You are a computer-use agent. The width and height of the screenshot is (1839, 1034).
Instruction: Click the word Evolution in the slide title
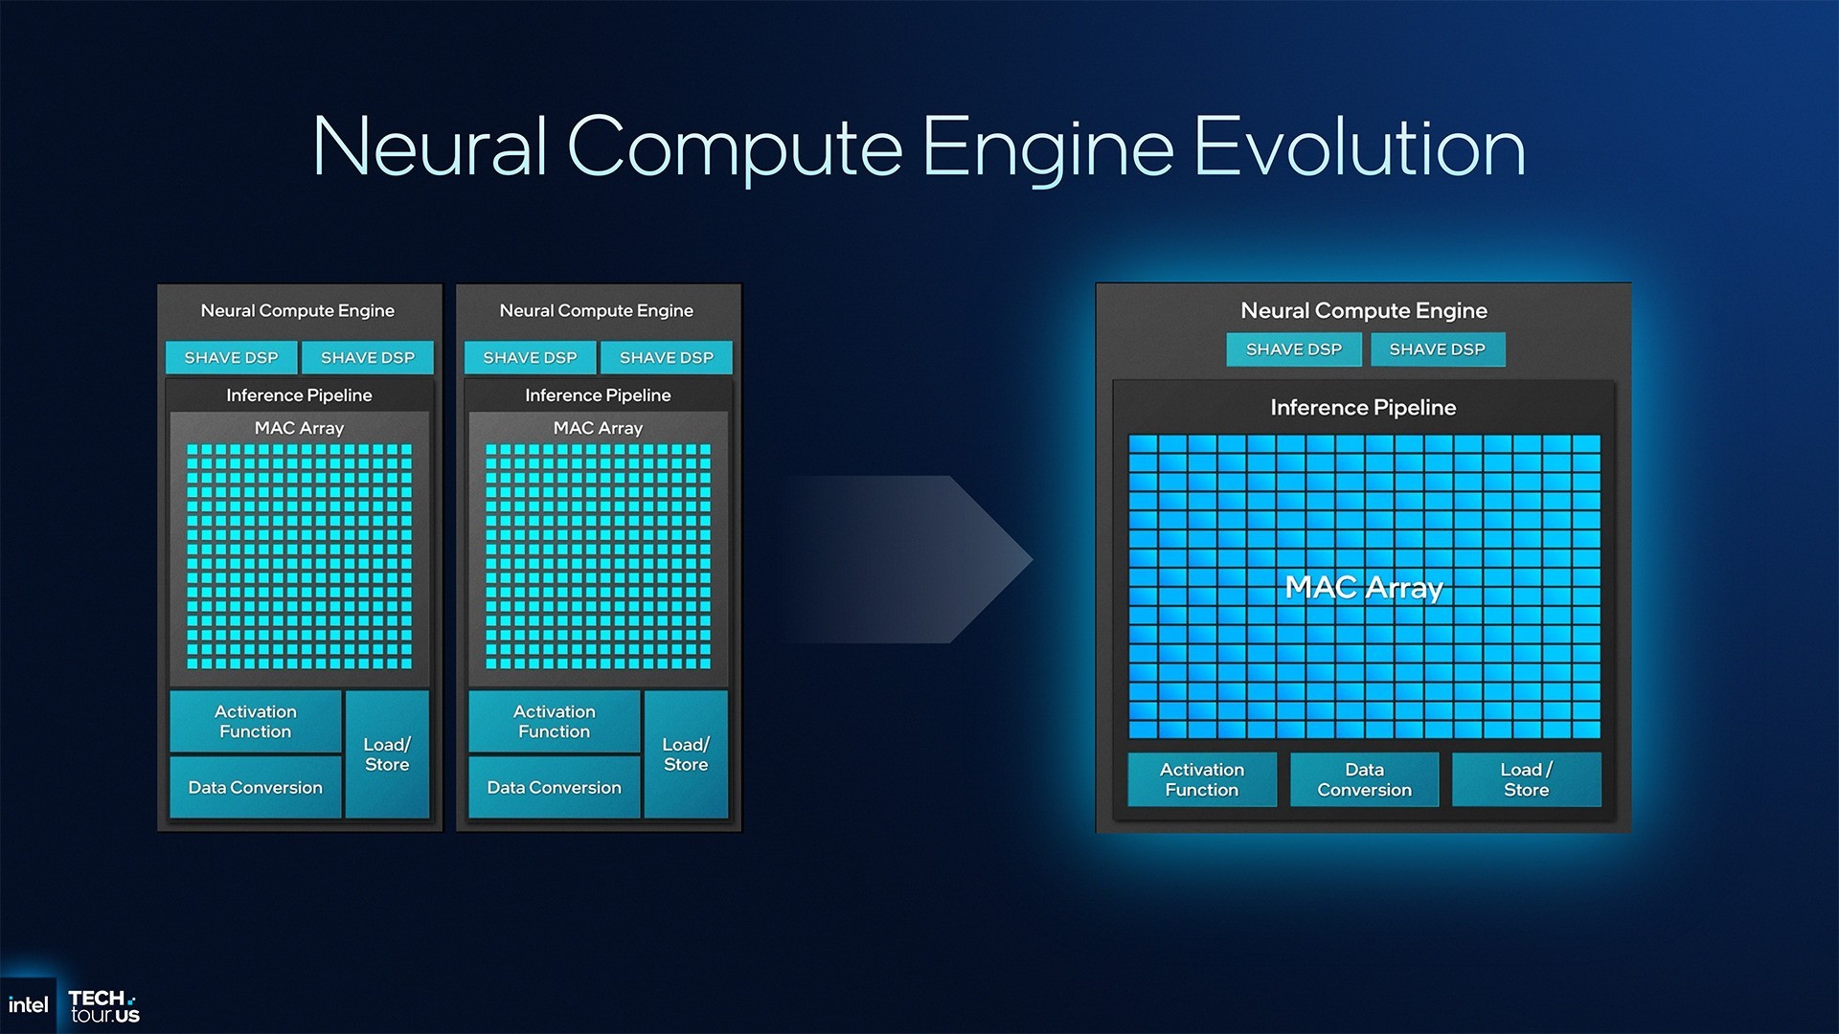pos(1359,147)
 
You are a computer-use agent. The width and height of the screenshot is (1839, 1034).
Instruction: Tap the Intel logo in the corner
pos(28,1005)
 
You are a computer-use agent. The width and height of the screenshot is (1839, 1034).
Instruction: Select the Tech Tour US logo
pos(104,1006)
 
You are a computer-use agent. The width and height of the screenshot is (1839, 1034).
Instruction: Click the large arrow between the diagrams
pos(910,559)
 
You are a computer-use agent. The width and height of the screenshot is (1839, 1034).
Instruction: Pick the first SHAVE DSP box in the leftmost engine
pos(232,357)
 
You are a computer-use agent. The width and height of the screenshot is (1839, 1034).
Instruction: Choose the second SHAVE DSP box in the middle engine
pos(667,357)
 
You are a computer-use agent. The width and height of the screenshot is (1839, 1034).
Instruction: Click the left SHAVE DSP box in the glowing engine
pos(1294,349)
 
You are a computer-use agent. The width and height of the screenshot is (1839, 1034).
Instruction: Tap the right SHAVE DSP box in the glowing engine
pos(1438,349)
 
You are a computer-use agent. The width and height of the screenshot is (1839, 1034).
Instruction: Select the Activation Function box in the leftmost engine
pos(256,721)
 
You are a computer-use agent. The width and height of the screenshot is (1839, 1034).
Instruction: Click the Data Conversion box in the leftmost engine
pos(256,787)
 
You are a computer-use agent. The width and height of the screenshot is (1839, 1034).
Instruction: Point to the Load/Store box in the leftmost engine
pos(387,754)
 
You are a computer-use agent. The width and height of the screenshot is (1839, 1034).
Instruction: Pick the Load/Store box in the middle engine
pos(686,754)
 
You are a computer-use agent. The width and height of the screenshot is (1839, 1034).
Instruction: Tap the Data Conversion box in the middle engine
pos(555,787)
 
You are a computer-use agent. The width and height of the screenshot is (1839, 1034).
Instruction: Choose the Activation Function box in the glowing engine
pos(1202,779)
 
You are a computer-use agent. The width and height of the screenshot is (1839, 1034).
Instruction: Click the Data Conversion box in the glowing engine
pos(1365,779)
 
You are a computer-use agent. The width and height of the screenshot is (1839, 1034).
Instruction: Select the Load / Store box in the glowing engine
pos(1527,779)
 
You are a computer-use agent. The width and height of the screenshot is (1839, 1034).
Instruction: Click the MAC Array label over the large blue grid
pos(1364,587)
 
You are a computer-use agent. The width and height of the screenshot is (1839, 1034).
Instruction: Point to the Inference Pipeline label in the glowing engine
pos(1363,408)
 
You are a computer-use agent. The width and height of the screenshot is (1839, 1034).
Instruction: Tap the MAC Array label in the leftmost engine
pos(299,428)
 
